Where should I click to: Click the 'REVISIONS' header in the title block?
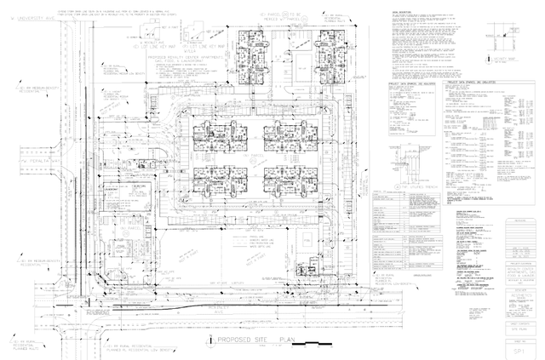click(520, 219)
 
